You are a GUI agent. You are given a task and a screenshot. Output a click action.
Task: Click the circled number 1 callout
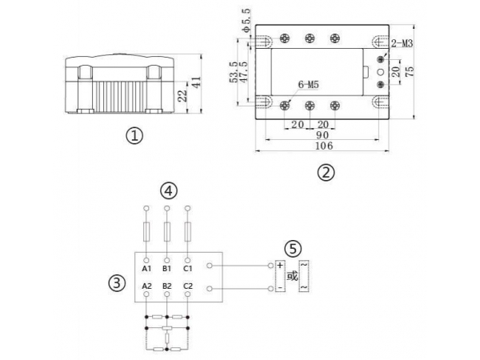(134, 136)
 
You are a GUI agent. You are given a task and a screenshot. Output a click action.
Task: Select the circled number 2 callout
(325, 171)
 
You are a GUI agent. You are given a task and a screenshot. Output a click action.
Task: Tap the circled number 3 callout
(116, 283)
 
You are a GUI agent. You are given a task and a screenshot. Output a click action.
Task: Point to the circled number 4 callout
(166, 190)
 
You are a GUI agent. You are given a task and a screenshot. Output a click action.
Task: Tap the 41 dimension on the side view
(196, 82)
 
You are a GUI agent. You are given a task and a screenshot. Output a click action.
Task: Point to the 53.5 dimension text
(233, 72)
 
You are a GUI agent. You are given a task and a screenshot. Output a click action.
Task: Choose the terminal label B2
(166, 286)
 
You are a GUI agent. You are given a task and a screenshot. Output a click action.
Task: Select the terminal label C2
(187, 286)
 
